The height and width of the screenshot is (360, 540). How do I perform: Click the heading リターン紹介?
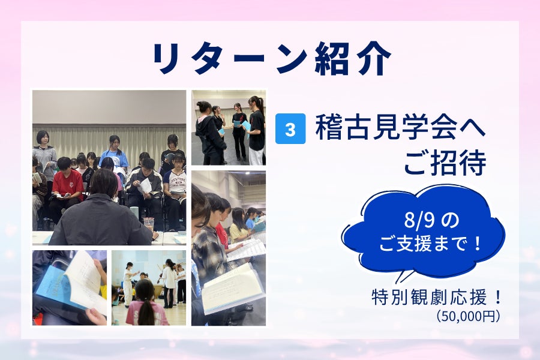point(271,59)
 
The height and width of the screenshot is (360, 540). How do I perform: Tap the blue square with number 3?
point(290,129)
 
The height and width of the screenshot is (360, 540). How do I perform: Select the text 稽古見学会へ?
point(400,128)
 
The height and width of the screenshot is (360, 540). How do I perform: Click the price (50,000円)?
point(467,316)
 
